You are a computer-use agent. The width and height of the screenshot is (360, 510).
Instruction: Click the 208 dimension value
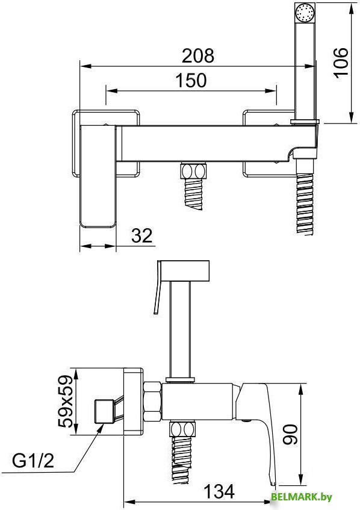click(197, 55)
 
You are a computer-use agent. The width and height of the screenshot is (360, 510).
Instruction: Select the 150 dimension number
click(191, 80)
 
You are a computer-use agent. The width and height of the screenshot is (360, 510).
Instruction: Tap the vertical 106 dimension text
click(341, 63)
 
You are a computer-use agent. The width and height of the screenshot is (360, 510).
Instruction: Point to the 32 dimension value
click(142, 235)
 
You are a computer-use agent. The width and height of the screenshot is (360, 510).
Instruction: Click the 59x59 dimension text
click(65, 401)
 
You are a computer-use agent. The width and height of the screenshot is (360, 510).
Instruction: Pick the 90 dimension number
click(290, 434)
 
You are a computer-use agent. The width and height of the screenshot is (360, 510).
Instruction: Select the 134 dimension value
click(219, 491)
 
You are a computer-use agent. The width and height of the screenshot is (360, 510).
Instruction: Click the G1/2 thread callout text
click(33, 461)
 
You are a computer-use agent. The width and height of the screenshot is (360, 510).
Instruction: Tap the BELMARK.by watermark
click(301, 497)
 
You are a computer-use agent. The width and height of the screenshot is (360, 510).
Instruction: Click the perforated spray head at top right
click(305, 13)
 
